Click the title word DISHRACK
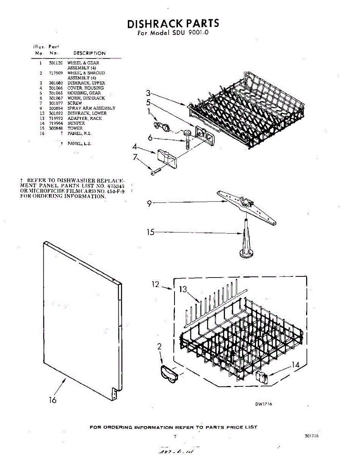[x=155, y=24]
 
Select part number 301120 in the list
[x=55, y=63]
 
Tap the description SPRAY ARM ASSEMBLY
[x=91, y=108]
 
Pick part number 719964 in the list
[x=55, y=123]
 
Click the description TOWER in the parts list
[x=75, y=128]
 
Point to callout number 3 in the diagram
[x=149, y=93]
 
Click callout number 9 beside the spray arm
[x=150, y=204]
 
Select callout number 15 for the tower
[x=151, y=232]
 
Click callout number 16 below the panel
[x=52, y=400]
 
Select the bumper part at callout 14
[x=262, y=378]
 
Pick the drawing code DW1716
[x=263, y=404]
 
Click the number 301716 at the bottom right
[x=311, y=436]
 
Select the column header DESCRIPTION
[x=90, y=53]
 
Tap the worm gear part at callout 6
[x=188, y=138]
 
